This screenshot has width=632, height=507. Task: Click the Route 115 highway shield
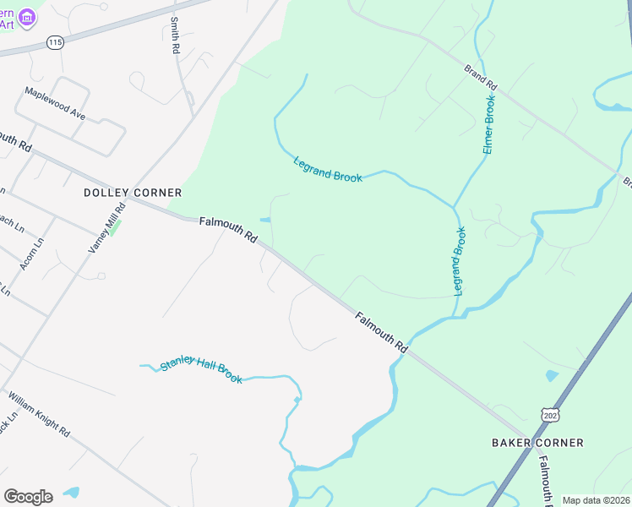pyautogui.click(x=56, y=41)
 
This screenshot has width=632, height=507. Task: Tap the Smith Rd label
pyautogui.click(x=175, y=36)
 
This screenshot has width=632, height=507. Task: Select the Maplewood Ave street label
pyautogui.click(x=55, y=103)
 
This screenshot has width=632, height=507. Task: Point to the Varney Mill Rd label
pyautogui.click(x=107, y=227)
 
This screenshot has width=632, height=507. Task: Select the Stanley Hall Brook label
pyautogui.click(x=201, y=370)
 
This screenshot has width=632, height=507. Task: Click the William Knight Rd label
pyautogui.click(x=39, y=414)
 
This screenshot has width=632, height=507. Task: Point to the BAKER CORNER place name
pyautogui.click(x=537, y=443)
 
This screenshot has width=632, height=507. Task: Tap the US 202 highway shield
pyautogui.click(x=549, y=414)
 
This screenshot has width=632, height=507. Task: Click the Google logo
pyautogui.click(x=28, y=497)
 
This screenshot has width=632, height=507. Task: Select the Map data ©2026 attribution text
pyautogui.click(x=596, y=500)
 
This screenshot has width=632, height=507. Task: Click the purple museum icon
pyautogui.click(x=27, y=16)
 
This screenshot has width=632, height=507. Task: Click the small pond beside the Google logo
pyautogui.click(x=71, y=492)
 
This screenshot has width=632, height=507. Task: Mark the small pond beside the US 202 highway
pyautogui.click(x=552, y=375)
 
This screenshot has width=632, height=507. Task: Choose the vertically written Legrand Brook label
pyautogui.click(x=460, y=261)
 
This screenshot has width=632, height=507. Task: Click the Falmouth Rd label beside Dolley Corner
pyautogui.click(x=228, y=231)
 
